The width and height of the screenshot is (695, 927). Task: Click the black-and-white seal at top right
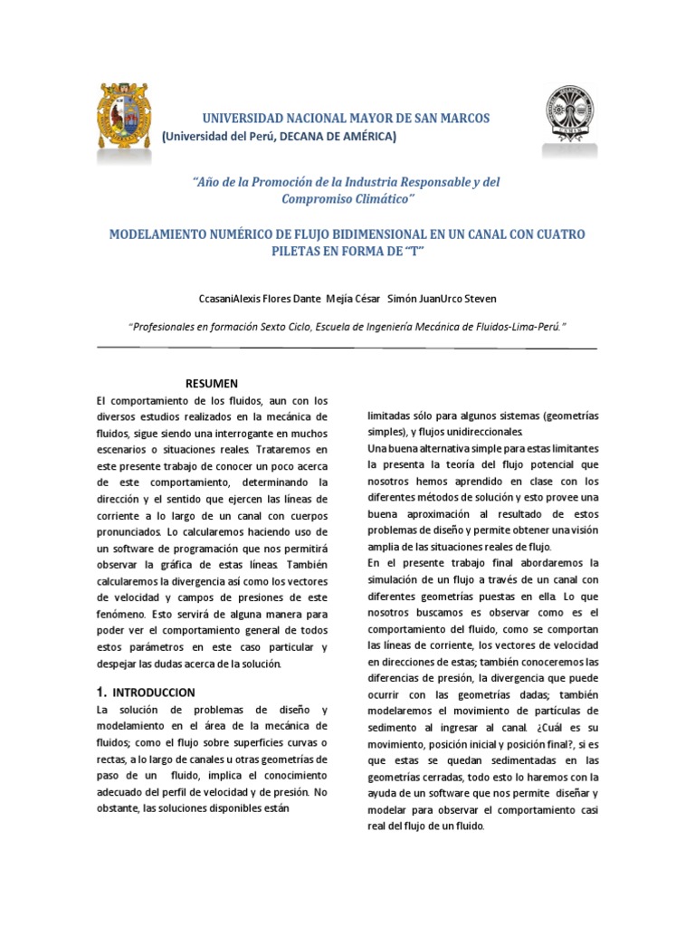point(569,117)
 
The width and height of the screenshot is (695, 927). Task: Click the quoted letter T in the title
point(415,252)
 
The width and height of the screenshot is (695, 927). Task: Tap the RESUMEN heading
point(212,384)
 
